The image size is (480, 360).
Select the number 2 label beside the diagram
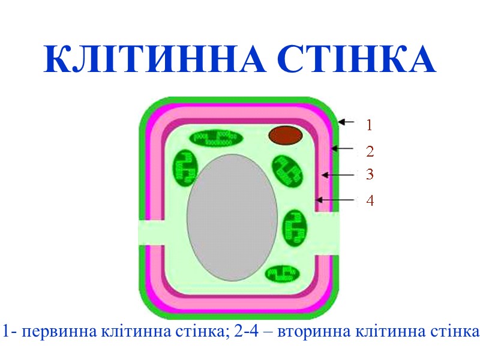coord(370,150)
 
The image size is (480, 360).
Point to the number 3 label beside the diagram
coord(370,175)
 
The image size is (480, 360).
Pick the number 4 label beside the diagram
coord(370,200)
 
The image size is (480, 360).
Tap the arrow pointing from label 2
coord(344,148)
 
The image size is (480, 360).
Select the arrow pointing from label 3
coord(340,175)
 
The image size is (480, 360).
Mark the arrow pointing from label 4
coord(337,199)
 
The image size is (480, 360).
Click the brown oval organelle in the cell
coord(284,135)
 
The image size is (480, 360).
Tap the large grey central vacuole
coord(233,217)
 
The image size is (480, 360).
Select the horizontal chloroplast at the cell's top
coord(217,138)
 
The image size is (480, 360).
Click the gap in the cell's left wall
coord(150,232)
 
